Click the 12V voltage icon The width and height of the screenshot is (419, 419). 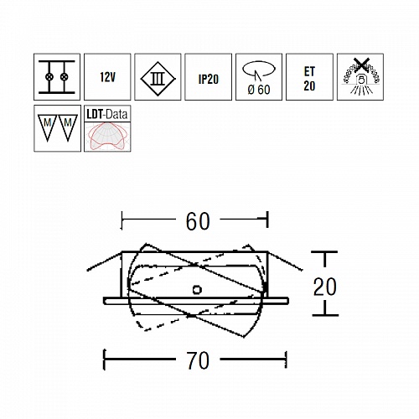[x=107, y=77]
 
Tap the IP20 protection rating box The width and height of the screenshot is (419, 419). [x=208, y=77]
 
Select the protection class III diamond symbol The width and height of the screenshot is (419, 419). [x=158, y=79]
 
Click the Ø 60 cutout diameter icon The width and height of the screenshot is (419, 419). [x=259, y=77]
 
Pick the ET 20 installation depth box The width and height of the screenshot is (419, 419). [x=309, y=77]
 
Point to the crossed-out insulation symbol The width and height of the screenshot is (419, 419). [x=360, y=77]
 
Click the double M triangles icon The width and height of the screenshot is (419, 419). [x=57, y=128]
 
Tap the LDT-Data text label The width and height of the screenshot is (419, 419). [x=107, y=114]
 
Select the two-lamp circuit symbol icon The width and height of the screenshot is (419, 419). [x=57, y=77]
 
